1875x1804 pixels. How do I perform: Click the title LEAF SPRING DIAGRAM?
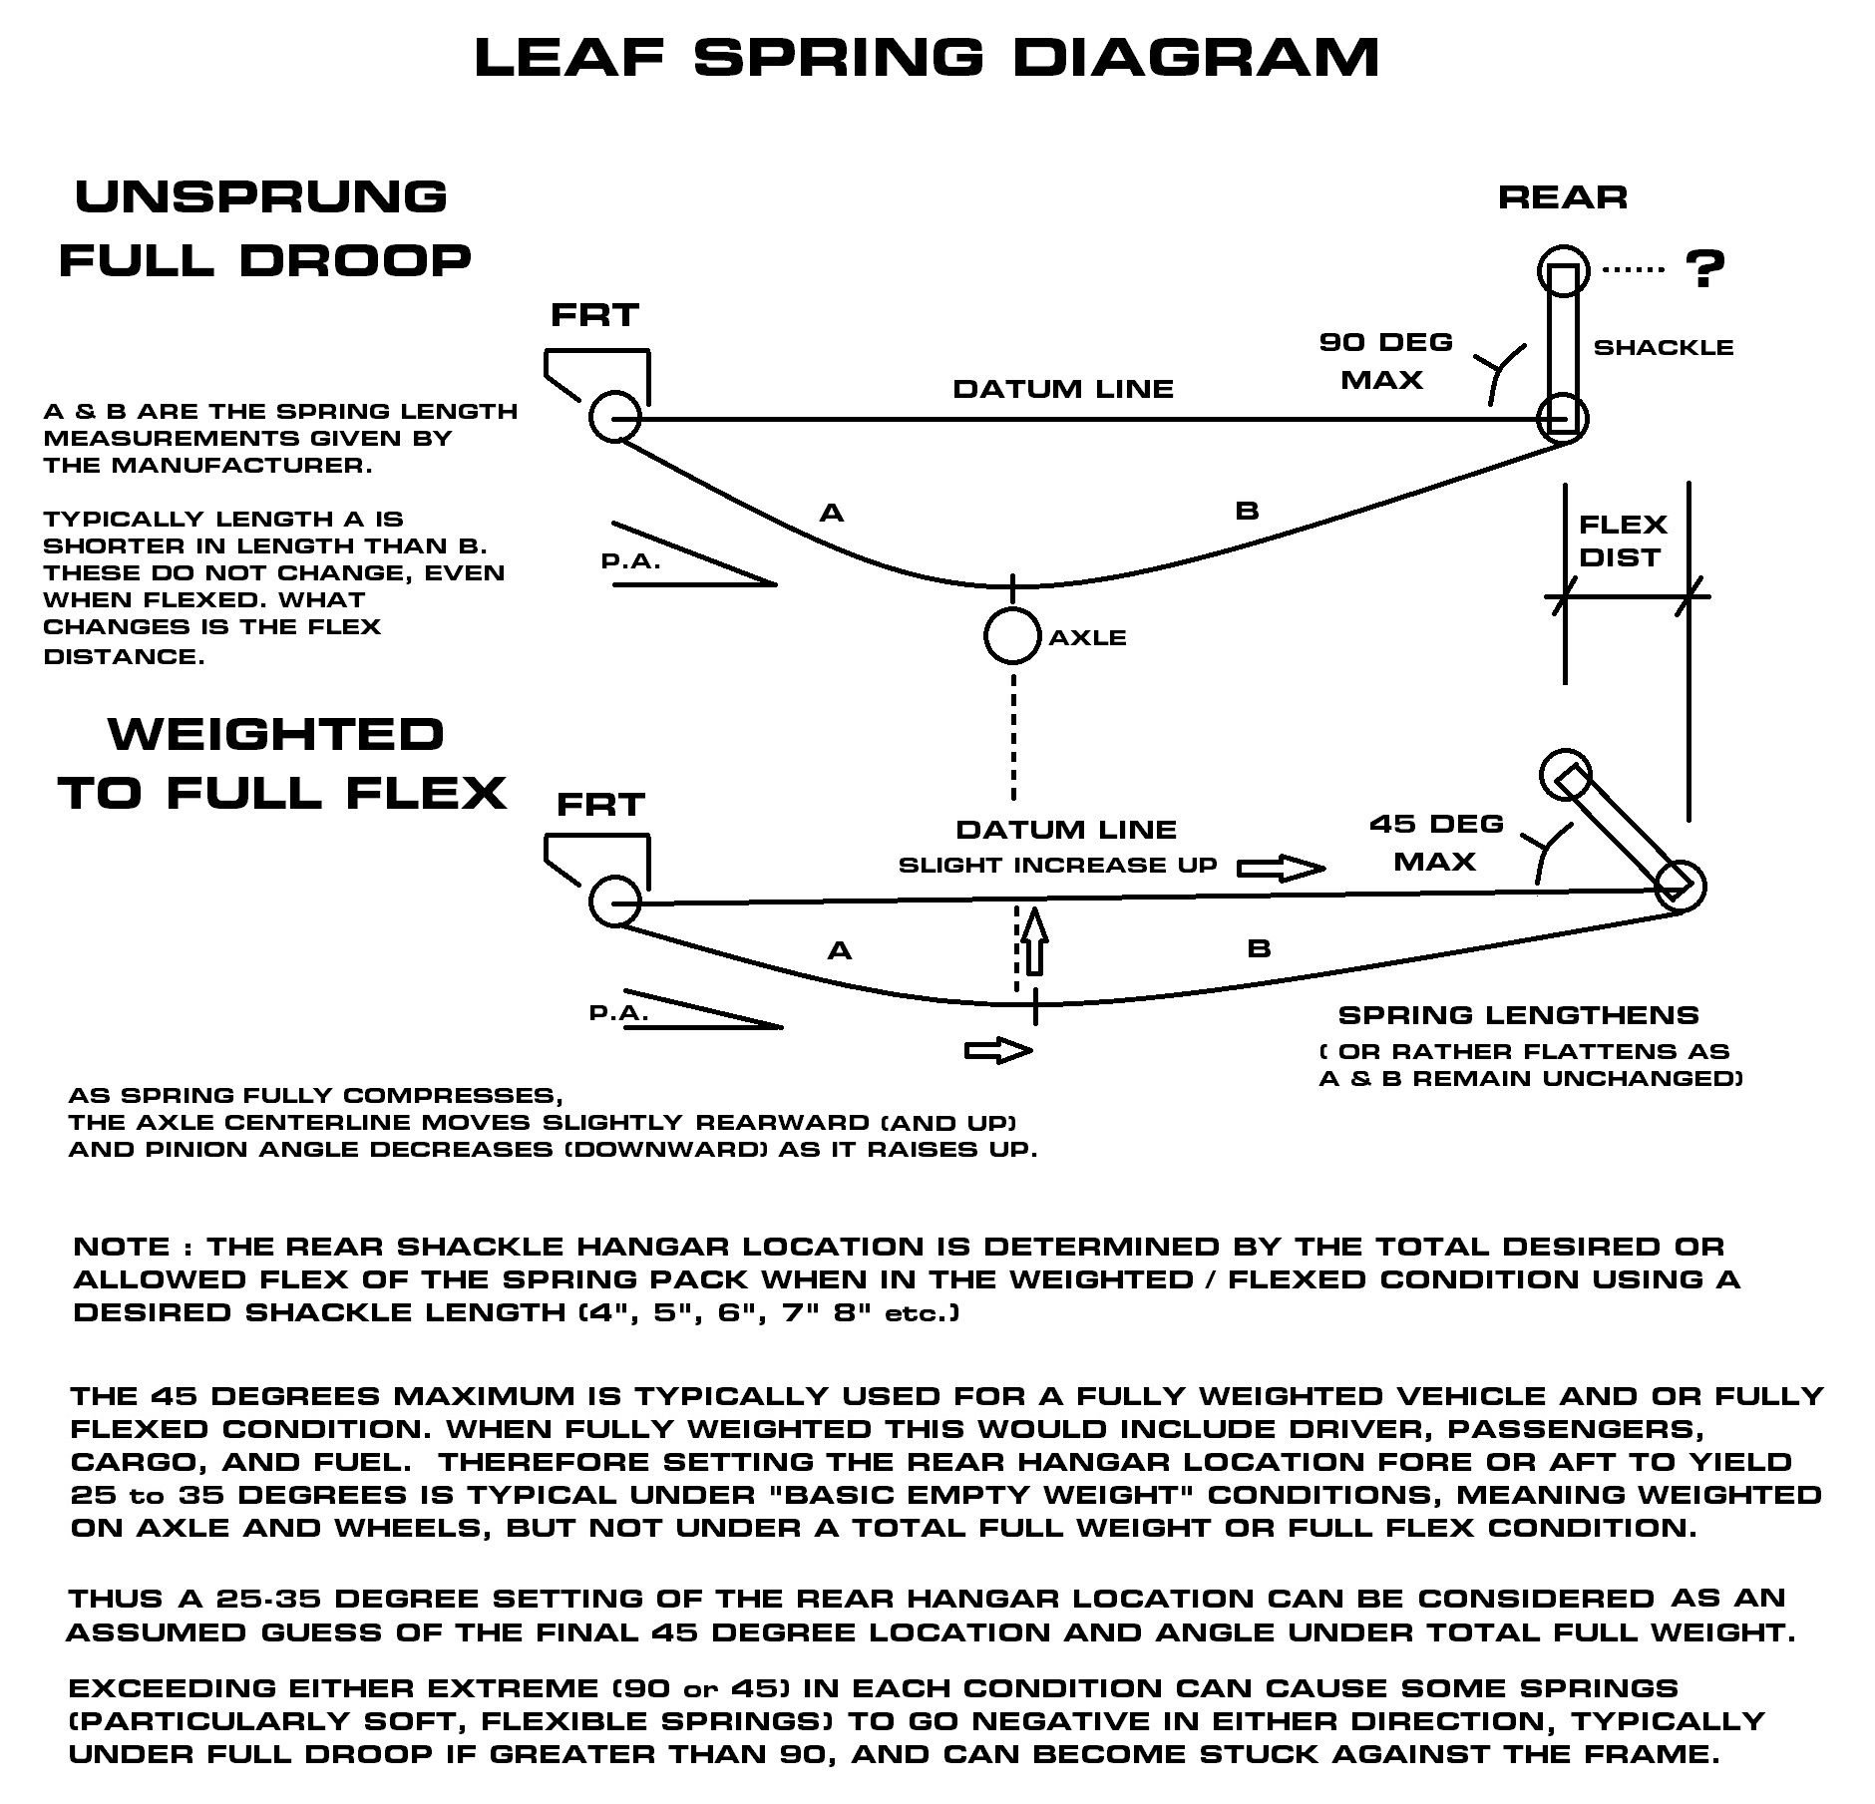(927, 57)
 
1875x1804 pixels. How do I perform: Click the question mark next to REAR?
(1704, 268)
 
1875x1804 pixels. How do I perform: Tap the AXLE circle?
(1012, 635)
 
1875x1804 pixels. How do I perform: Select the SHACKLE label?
(1663, 348)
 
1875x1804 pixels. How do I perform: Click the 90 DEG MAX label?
(1385, 361)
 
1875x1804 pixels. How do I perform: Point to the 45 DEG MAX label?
(1436, 843)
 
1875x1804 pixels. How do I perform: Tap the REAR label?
(1562, 197)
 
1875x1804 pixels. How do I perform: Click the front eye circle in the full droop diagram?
(614, 416)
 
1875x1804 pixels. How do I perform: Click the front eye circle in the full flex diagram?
(614, 901)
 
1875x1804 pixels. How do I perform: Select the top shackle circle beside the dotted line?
(1562, 270)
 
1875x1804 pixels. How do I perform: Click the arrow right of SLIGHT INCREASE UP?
(1281, 869)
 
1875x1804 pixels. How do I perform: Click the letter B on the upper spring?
(1247, 512)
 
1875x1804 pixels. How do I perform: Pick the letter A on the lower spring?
(839, 951)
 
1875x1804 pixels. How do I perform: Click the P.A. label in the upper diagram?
(630, 560)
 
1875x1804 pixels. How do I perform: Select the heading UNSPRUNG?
(261, 196)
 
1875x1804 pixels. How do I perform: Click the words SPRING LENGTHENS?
(1518, 1016)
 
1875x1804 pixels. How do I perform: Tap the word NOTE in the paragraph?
(123, 1247)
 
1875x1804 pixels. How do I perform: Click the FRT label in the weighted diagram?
(600, 804)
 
